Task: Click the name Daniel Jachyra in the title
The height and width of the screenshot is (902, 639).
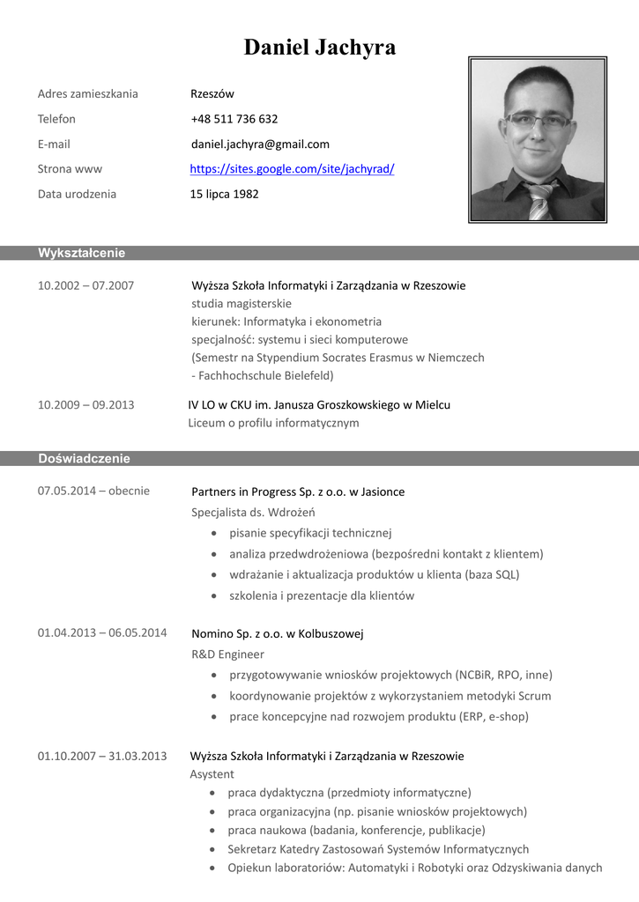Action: (319, 48)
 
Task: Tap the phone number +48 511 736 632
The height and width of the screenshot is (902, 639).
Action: (234, 119)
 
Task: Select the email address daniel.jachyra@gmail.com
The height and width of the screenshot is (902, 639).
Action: (260, 144)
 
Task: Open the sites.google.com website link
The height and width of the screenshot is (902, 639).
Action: (292, 169)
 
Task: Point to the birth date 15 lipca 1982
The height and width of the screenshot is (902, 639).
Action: (224, 194)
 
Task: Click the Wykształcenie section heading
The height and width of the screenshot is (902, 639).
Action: (81, 254)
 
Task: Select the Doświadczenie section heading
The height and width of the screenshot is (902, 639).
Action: (84, 459)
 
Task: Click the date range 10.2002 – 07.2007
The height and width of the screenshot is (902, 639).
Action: (85, 285)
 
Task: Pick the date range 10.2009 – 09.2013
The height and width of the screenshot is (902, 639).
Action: (85, 405)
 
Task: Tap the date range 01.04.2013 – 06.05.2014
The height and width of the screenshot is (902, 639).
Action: (101, 632)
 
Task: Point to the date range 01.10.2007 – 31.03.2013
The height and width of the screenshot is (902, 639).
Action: (101, 756)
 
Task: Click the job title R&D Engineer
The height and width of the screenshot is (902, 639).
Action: (227, 654)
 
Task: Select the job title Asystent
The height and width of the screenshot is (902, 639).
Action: (212, 774)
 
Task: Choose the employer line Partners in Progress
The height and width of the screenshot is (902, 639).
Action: (298, 492)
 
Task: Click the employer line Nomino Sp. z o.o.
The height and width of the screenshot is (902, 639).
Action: (277, 633)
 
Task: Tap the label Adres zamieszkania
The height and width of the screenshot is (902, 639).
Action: (87, 94)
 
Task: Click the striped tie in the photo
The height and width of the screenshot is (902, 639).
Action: (539, 200)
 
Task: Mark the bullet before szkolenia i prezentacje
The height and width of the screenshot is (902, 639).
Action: (216, 596)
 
